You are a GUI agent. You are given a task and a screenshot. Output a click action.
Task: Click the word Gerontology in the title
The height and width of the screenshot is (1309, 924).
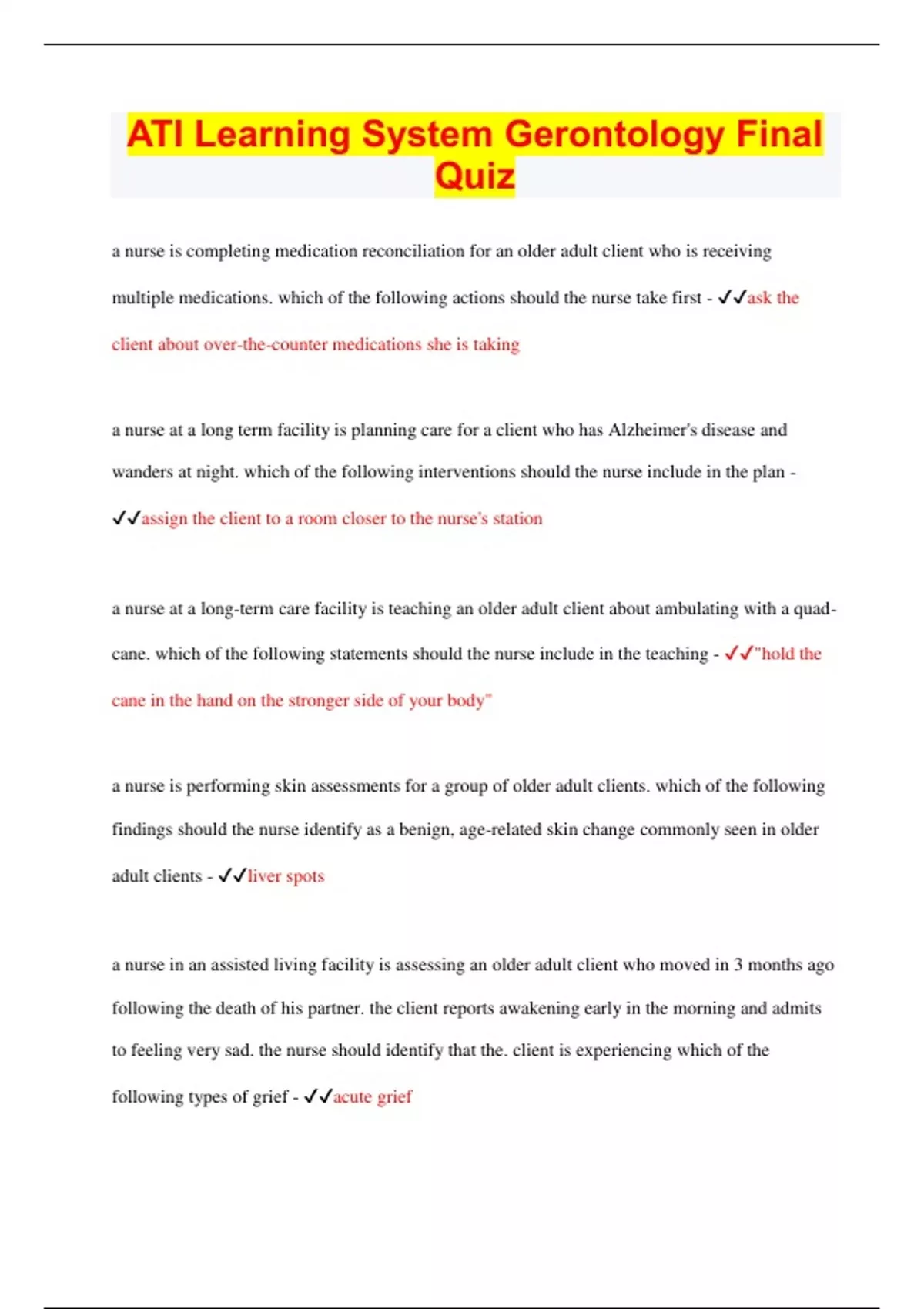tap(614, 135)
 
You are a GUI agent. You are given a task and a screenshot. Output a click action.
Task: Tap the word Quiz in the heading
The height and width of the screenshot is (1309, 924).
tap(474, 176)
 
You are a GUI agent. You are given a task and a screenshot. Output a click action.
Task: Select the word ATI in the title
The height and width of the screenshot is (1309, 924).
tap(156, 135)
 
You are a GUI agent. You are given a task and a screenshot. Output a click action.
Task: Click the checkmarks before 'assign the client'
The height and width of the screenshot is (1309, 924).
tap(126, 518)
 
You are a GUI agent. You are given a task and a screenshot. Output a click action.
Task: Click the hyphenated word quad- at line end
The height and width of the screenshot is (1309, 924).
tap(815, 609)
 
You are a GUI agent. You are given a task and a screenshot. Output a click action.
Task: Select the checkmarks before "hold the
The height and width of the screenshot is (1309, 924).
tap(738, 654)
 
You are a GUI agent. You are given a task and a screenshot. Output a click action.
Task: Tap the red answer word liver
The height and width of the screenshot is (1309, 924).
tap(264, 876)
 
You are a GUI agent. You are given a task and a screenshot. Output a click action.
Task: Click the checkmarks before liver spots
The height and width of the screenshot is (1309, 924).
tap(232, 876)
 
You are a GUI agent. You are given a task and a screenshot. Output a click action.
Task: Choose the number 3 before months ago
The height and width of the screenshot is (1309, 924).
tap(738, 965)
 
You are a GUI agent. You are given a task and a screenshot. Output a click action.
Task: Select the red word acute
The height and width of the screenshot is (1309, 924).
tap(352, 1096)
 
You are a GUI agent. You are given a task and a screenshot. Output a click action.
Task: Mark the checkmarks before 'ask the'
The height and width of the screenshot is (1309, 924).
tap(731, 298)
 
